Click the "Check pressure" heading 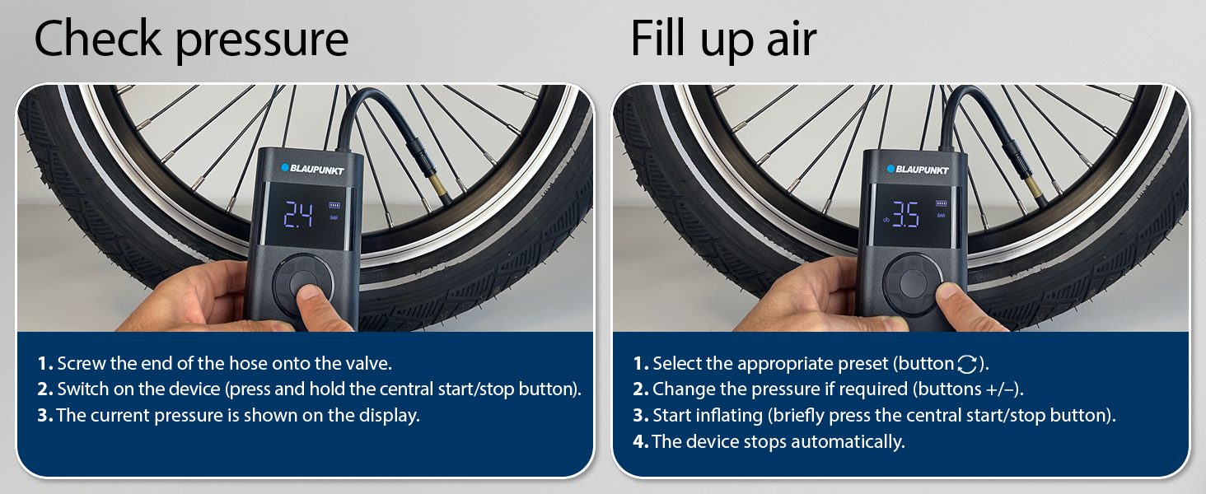click(191, 39)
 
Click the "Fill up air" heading click(723, 38)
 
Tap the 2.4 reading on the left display click(298, 215)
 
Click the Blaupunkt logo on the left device click(312, 169)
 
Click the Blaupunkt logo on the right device click(918, 169)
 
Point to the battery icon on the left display click(334, 205)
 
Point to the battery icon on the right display click(941, 203)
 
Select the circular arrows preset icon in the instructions click(967, 364)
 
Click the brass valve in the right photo click(1034, 186)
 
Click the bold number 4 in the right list click(640, 442)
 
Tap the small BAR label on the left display click(334, 218)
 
